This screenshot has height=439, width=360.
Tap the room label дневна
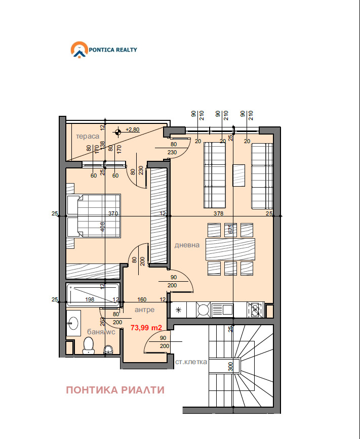(187, 245)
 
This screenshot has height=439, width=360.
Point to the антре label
(144, 310)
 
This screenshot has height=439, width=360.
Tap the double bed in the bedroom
(94, 215)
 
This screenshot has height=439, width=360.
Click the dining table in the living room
(230, 249)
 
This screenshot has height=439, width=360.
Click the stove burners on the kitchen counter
(255, 309)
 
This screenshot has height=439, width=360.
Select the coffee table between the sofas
(238, 175)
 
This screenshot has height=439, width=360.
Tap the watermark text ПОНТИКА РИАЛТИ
(115, 390)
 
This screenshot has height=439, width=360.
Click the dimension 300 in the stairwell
(230, 366)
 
